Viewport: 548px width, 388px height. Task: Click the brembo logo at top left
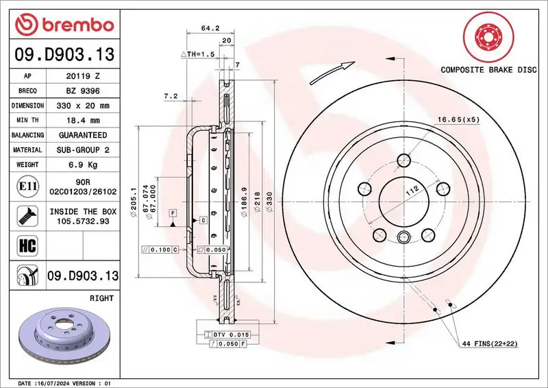pos(63,25)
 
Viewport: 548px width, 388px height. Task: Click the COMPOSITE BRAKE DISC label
pos(488,70)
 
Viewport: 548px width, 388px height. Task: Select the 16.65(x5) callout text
pos(458,120)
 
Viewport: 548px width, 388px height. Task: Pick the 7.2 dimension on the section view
pos(171,97)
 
